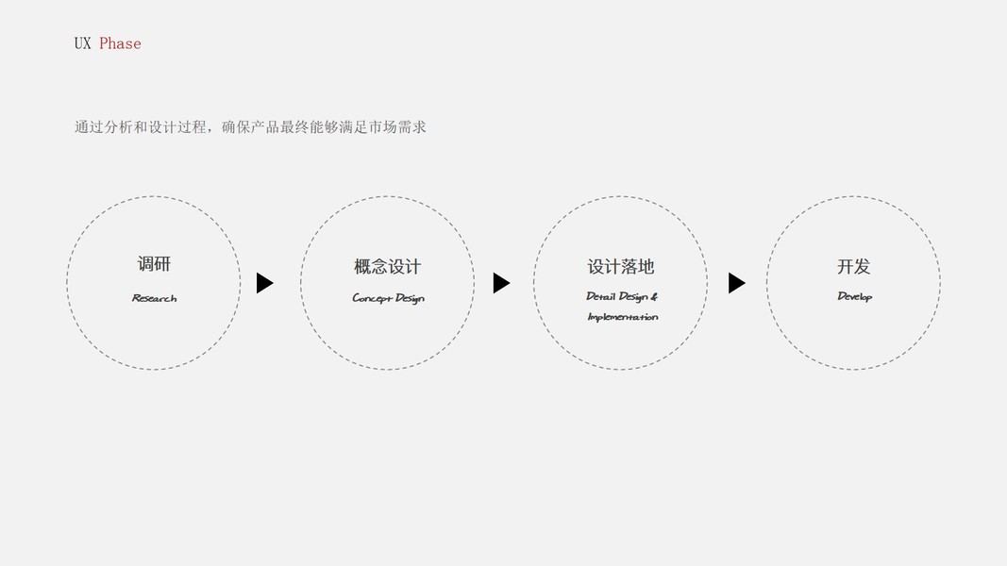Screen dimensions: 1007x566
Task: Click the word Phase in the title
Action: (x=120, y=43)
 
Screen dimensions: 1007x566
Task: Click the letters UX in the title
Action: (x=82, y=43)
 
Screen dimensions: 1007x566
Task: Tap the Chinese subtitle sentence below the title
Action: (x=250, y=126)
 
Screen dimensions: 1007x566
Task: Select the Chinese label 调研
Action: (x=154, y=264)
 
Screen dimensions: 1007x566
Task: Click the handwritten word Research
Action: (x=154, y=298)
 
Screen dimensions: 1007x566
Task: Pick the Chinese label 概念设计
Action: (x=387, y=267)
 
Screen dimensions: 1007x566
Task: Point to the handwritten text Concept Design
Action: (x=388, y=298)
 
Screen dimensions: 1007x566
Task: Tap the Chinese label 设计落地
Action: (x=620, y=267)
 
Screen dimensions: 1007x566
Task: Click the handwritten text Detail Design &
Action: (x=621, y=296)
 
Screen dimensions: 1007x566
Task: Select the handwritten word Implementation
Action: (x=622, y=317)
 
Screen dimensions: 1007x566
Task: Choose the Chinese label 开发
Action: (x=853, y=267)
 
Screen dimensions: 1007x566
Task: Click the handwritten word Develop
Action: (x=854, y=296)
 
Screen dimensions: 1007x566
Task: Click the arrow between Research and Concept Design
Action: (x=264, y=283)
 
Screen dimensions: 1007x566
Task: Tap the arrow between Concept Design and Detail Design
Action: (x=500, y=283)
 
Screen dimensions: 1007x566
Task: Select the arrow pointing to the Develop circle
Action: (x=736, y=283)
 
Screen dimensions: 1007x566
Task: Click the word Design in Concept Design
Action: (x=410, y=298)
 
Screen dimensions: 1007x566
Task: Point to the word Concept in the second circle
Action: (x=371, y=298)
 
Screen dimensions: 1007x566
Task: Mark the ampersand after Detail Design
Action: (x=654, y=296)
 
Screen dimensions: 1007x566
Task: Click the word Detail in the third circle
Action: (x=600, y=296)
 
